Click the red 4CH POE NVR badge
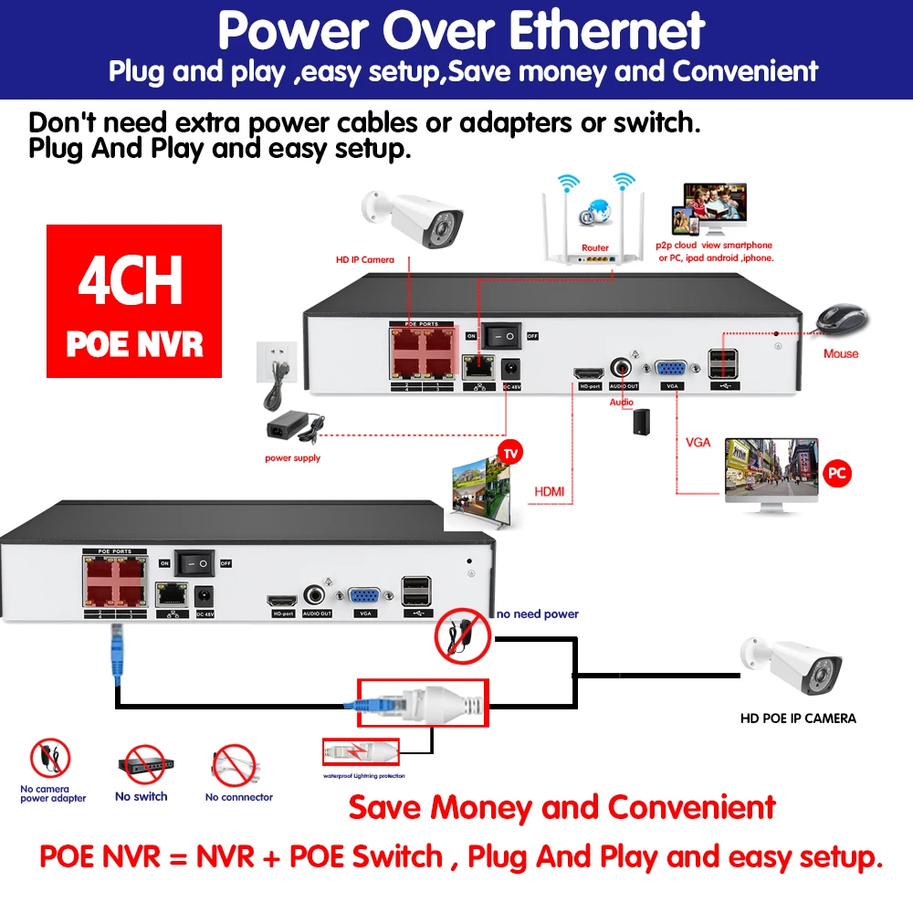134,301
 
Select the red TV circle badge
512,453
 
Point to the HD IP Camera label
364,260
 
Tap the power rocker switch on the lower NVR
195,562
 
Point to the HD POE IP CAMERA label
797,719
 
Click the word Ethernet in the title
606,31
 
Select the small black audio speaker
642,421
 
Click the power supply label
292,458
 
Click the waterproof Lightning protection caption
363,776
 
